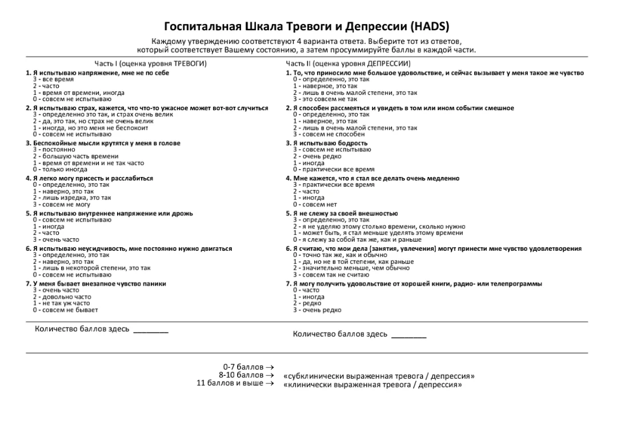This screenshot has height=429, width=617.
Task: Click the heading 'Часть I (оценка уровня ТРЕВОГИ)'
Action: tap(150, 63)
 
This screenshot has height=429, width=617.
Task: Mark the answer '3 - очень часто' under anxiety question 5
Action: tap(56, 239)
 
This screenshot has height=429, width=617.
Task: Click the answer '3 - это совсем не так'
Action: tap(325, 99)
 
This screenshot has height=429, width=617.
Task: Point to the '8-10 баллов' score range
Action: tap(241, 375)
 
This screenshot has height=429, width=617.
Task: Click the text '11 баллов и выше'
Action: tap(230, 383)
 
